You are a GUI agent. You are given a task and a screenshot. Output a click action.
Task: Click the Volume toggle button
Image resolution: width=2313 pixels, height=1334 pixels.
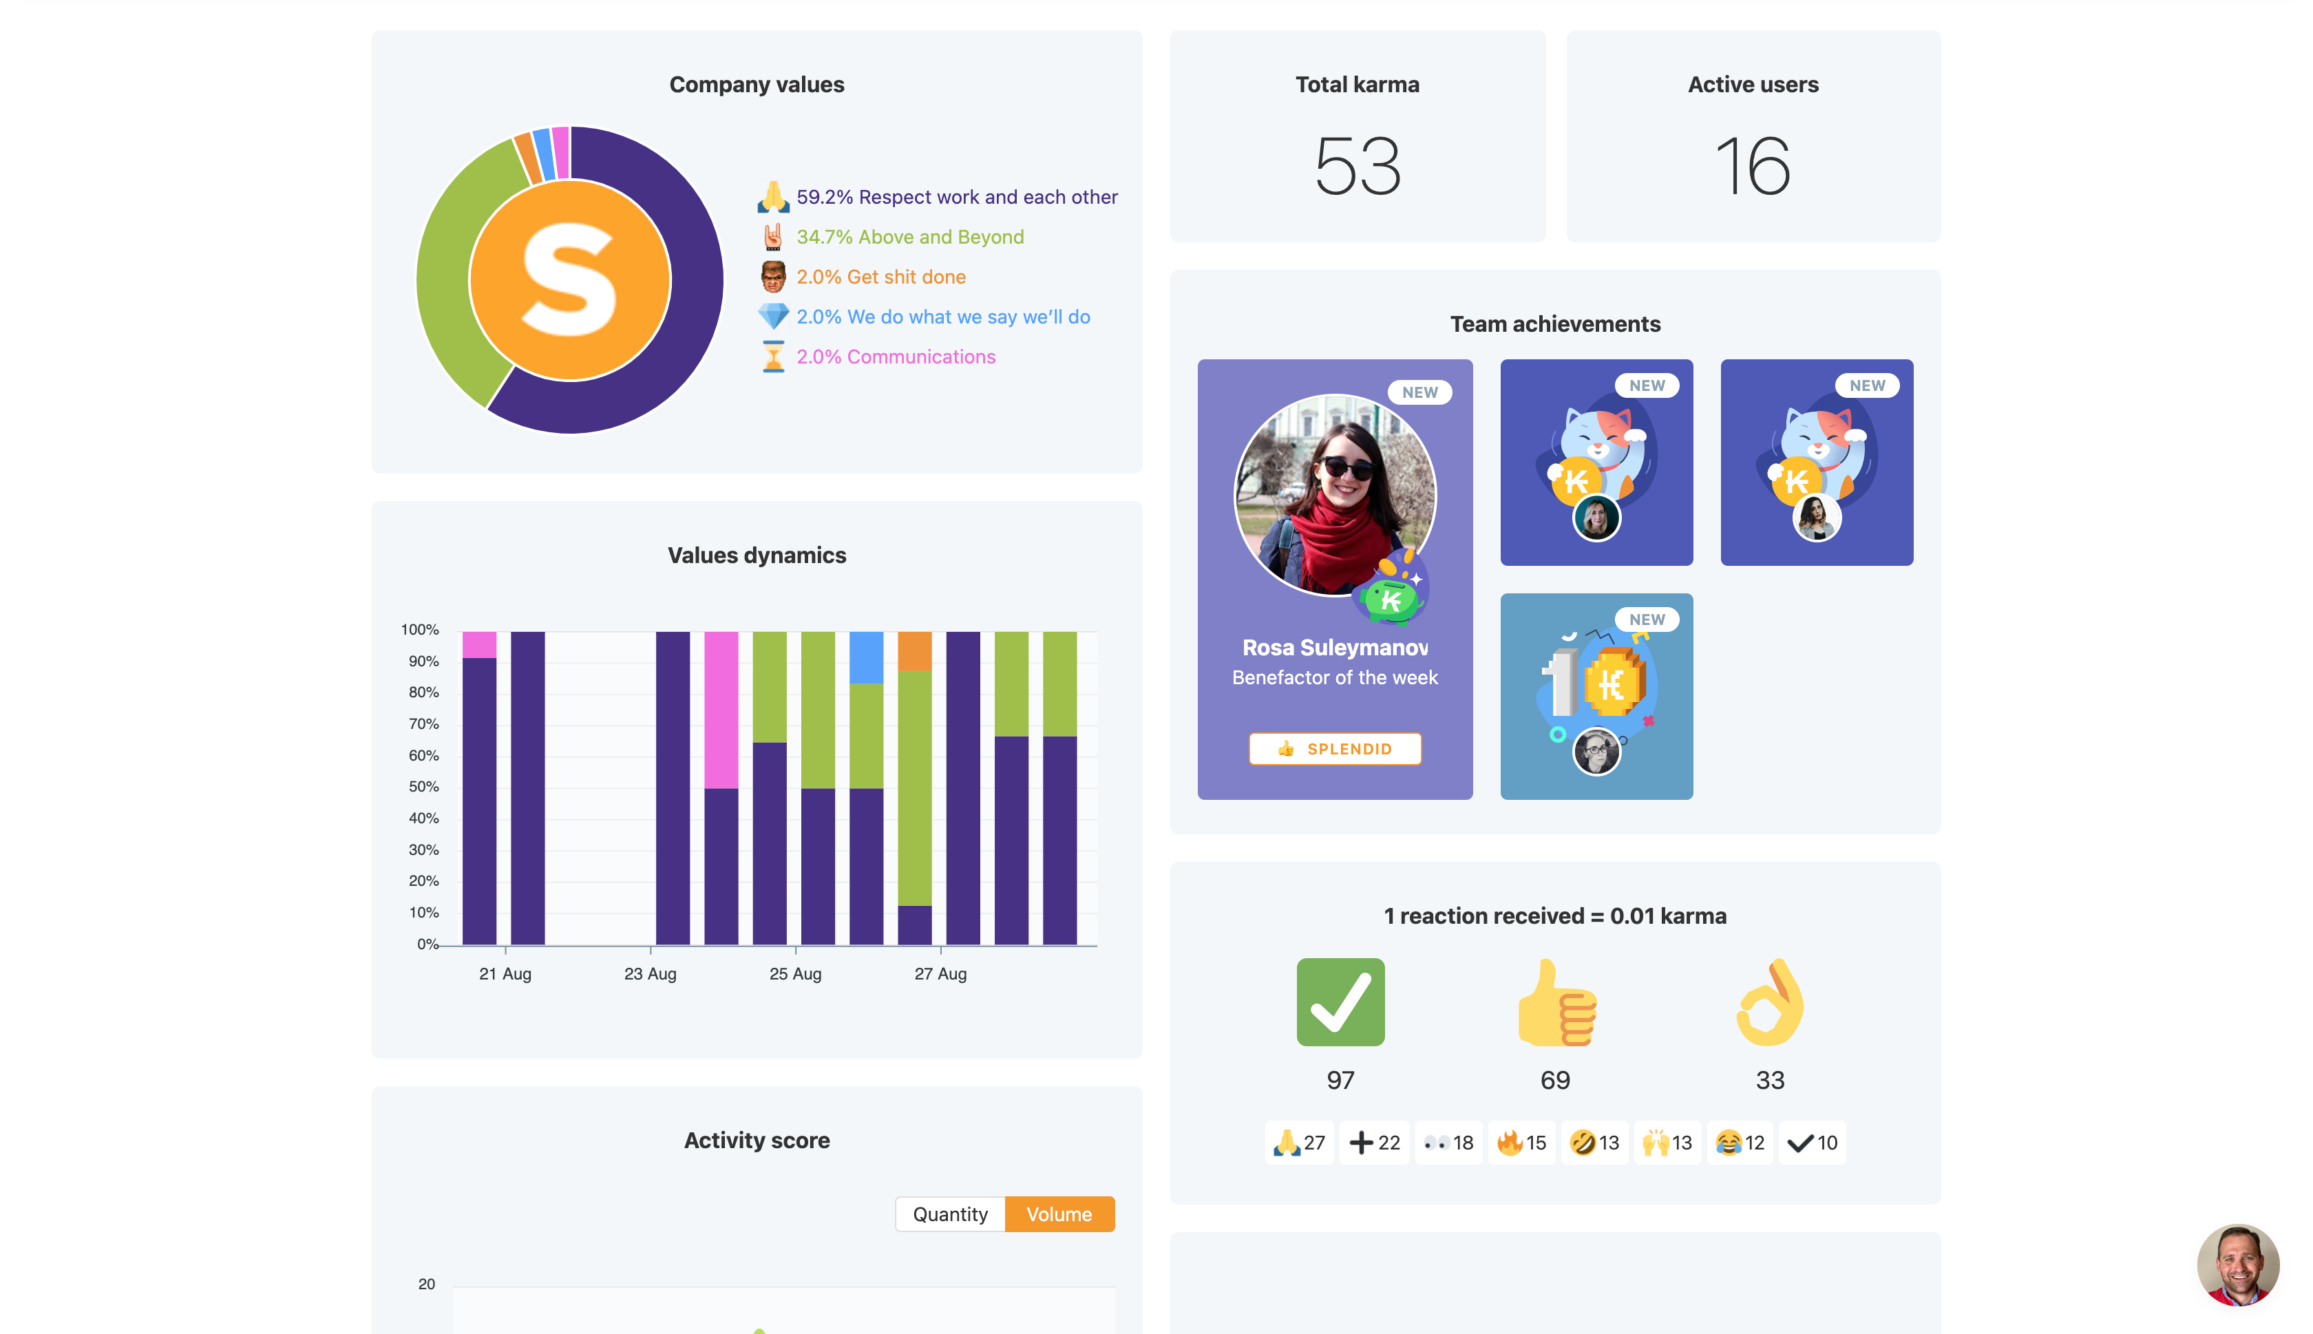(x=1059, y=1214)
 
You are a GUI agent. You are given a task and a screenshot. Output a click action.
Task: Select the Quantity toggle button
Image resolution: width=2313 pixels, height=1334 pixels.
(x=950, y=1214)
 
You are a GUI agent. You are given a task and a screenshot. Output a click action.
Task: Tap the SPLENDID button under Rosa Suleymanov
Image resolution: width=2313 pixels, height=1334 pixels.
(x=1335, y=748)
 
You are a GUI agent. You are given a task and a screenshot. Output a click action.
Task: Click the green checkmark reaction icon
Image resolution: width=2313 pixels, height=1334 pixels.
(x=1340, y=1002)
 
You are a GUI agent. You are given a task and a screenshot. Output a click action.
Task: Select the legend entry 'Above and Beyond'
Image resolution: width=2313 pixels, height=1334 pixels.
(x=909, y=236)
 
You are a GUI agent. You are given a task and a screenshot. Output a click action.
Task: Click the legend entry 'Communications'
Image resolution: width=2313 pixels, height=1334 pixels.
(x=895, y=357)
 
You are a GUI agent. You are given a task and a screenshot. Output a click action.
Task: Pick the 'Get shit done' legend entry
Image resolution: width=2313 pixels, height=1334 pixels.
(x=880, y=277)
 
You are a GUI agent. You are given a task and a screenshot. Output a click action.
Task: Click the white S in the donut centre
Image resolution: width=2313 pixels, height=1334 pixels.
(x=569, y=279)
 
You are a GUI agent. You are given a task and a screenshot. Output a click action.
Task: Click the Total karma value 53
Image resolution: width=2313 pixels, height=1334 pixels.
(x=1358, y=166)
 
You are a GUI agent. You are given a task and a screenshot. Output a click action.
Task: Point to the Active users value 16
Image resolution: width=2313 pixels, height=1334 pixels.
(x=1753, y=166)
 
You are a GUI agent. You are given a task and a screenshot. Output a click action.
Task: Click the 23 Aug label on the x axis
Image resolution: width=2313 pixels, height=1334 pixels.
(x=649, y=974)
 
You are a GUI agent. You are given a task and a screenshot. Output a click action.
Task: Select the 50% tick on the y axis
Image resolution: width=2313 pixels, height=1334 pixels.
(x=423, y=786)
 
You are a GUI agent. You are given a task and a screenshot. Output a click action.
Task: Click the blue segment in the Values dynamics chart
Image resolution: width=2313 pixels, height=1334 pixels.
(x=866, y=657)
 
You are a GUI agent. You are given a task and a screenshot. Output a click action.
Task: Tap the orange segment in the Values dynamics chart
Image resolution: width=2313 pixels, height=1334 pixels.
(x=914, y=650)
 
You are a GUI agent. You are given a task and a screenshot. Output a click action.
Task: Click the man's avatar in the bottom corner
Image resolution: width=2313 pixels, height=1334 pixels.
(x=2237, y=1264)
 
